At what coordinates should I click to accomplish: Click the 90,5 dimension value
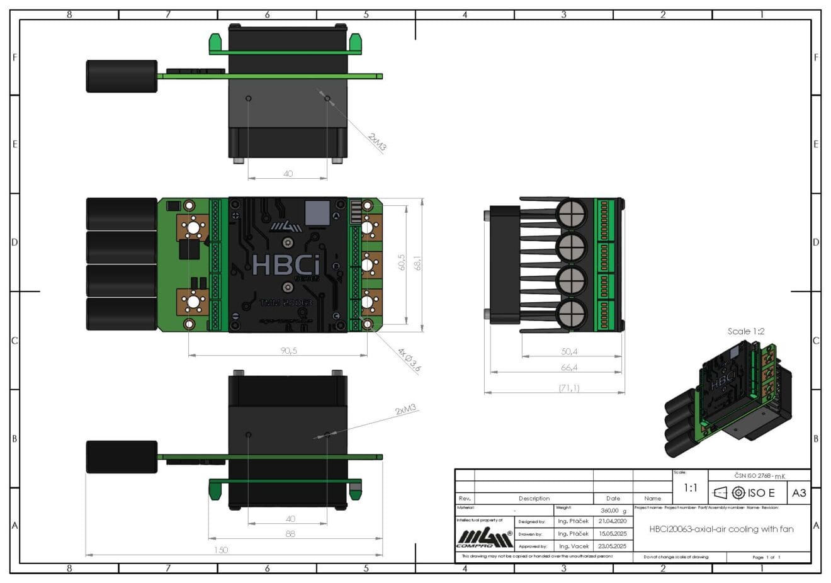click(289, 351)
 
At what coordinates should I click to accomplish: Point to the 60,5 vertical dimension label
click(401, 263)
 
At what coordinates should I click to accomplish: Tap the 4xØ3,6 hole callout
click(409, 359)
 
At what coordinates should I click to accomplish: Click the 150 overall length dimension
click(221, 550)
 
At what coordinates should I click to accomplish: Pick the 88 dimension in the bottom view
click(290, 534)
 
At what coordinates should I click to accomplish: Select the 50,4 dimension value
click(569, 351)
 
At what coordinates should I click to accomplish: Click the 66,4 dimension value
click(569, 368)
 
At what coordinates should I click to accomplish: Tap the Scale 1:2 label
click(746, 331)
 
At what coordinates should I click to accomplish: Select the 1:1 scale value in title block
click(691, 488)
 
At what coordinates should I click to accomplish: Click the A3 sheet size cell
click(799, 492)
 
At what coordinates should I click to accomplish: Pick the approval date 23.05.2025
click(613, 546)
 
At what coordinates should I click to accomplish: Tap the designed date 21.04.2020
click(613, 521)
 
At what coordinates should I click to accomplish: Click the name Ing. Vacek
click(573, 546)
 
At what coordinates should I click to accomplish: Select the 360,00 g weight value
click(613, 511)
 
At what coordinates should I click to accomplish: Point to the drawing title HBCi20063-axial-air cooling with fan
click(721, 529)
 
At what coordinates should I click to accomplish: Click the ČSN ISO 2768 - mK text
click(759, 475)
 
